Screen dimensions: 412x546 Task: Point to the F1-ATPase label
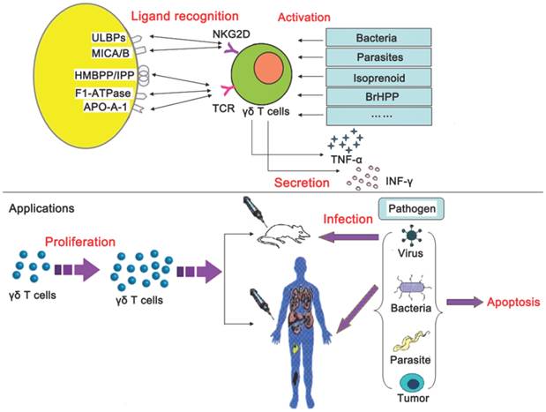pos(104,91)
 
